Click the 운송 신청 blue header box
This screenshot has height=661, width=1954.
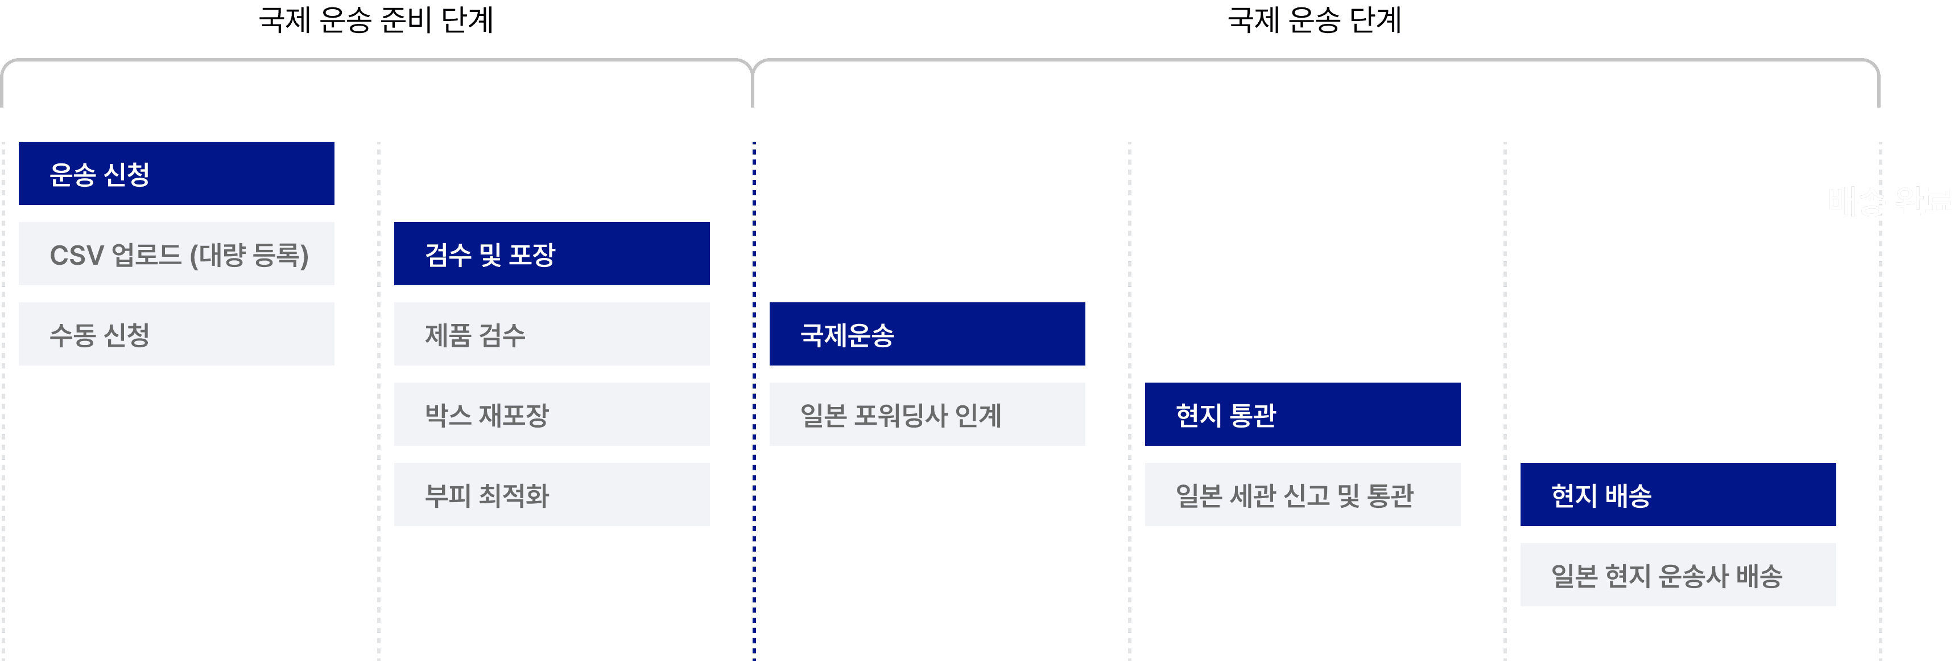point(176,174)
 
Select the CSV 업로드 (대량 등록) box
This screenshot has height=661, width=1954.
point(176,254)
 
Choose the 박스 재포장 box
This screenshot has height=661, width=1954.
point(551,414)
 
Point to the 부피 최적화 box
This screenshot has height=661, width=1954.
point(551,495)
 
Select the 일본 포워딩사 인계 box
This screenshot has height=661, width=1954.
point(927,414)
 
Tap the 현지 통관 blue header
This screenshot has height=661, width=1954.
point(1303,414)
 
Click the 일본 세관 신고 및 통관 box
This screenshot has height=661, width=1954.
point(1303,495)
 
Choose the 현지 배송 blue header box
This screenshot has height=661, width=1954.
point(1678,495)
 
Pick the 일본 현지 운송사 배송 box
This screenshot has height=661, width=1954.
point(1678,575)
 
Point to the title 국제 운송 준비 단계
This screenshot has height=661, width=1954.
point(376,20)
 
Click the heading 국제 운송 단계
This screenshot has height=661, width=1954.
point(1314,20)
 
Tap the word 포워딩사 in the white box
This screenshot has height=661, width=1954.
point(900,416)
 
